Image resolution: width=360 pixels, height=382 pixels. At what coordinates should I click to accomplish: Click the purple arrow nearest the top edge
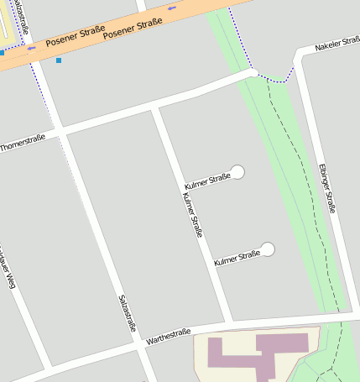coord(173,8)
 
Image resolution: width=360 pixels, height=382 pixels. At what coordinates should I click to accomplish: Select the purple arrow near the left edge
coord(31,49)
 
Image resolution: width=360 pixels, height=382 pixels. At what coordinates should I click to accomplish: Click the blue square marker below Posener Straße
coord(58,60)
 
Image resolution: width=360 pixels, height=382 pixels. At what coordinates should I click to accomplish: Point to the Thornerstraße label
coord(23,142)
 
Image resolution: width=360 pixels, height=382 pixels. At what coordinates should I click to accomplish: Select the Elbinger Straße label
coord(326,188)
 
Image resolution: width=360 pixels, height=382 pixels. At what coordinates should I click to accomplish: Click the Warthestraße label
coord(169,336)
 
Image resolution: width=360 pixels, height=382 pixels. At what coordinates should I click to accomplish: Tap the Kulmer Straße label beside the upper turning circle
coord(206,180)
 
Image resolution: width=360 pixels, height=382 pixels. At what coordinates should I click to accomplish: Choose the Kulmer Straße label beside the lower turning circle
coord(237,258)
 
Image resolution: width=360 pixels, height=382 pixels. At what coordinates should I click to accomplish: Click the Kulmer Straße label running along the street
coord(192,214)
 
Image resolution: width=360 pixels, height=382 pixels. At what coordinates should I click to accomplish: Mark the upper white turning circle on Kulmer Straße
coord(237,171)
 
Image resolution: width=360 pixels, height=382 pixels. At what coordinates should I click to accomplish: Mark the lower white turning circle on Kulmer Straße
coord(268,249)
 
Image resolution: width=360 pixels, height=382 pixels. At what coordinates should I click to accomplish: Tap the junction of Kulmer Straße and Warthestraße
coord(228,322)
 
